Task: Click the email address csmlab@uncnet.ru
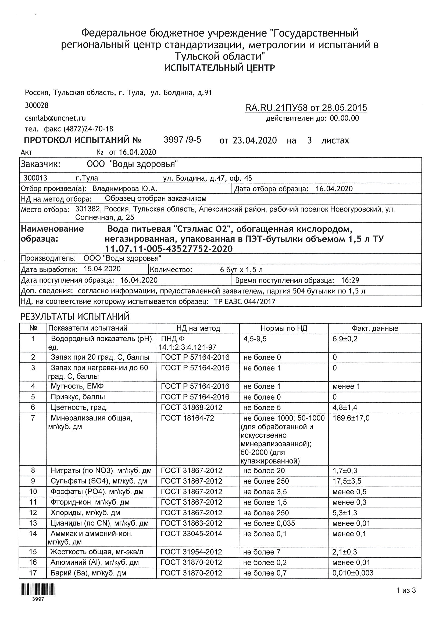pyautogui.click(x=55, y=118)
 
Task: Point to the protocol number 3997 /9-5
pyautogui.click(x=182, y=140)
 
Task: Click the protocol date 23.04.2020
pyautogui.click(x=255, y=141)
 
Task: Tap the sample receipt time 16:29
pyautogui.click(x=350, y=280)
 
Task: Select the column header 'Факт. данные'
pyautogui.click(x=375, y=328)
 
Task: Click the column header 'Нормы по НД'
pyautogui.click(x=284, y=328)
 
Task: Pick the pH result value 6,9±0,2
pyautogui.click(x=345, y=339)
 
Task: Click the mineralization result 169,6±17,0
pyautogui.click(x=351, y=418)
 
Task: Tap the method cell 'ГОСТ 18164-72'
pyautogui.click(x=187, y=418)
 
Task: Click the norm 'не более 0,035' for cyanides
pyautogui.click(x=269, y=523)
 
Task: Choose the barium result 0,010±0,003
pyautogui.click(x=353, y=573)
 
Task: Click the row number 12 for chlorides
pyautogui.click(x=33, y=513)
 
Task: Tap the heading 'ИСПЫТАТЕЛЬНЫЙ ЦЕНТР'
pyautogui.click(x=220, y=68)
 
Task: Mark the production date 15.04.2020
pyautogui.click(x=102, y=269)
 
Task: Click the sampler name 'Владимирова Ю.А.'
pyautogui.click(x=125, y=189)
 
